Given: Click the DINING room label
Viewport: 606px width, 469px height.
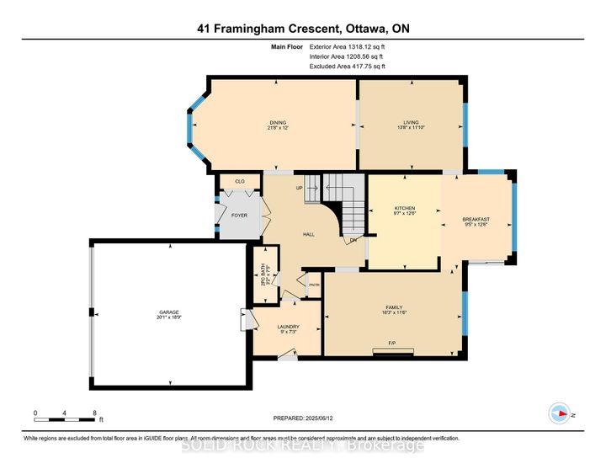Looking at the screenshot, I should click(x=266, y=122).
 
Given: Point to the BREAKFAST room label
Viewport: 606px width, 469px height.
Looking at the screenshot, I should click(x=477, y=219).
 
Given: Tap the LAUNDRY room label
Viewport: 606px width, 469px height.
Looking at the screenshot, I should click(x=290, y=327).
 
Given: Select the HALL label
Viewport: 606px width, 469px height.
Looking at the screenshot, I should click(x=308, y=234).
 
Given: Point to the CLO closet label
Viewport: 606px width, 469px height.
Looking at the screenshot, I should click(x=240, y=181).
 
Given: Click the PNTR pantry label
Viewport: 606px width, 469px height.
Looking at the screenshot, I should click(x=314, y=285).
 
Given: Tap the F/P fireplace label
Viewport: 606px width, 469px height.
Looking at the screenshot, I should click(x=392, y=344).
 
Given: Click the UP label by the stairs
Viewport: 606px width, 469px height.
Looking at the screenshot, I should click(x=298, y=188).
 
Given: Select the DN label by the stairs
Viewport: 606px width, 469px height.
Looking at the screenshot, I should click(x=354, y=240).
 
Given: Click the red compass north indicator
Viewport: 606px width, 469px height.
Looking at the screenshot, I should click(x=557, y=413).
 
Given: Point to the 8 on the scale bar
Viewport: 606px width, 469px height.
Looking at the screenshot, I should click(x=94, y=413).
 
